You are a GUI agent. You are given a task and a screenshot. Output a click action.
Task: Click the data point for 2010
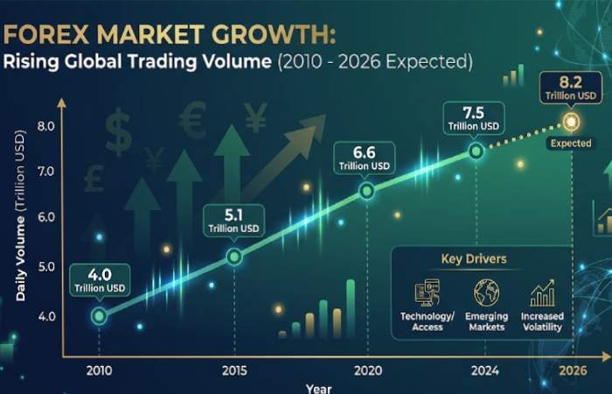[99, 315]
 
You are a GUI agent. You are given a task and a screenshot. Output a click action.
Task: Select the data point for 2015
[233, 257]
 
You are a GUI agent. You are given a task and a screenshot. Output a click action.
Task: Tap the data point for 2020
[367, 190]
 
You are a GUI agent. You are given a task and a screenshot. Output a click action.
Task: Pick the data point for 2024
[476, 151]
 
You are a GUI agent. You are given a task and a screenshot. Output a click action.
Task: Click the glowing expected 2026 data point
[571, 121]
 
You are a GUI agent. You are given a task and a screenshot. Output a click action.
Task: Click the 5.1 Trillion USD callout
[233, 219]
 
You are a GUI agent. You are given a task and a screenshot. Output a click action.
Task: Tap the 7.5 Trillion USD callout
[475, 117]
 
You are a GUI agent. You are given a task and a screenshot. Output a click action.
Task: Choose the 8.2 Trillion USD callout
[570, 86]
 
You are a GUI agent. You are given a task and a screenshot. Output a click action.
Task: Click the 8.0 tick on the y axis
[46, 126]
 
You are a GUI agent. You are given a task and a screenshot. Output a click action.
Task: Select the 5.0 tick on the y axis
[46, 266]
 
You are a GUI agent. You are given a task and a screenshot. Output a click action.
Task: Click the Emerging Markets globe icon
[485, 292]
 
